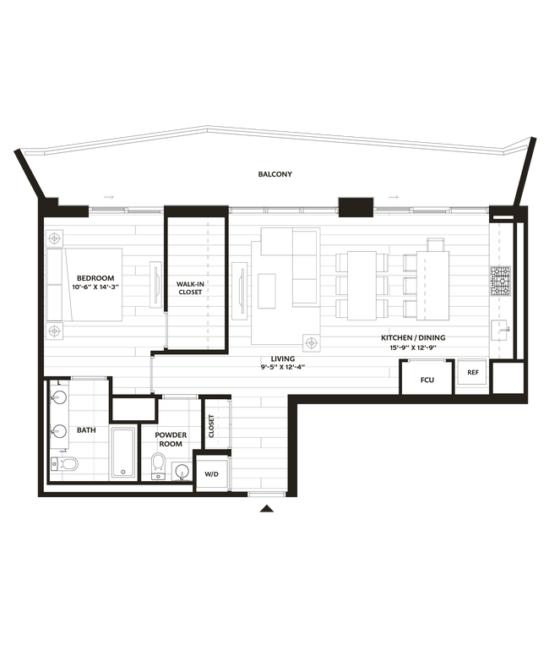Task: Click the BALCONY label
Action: point(275,174)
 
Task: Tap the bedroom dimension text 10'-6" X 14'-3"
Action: point(95,287)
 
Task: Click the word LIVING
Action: point(283,359)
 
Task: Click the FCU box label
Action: point(427,380)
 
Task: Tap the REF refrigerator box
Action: point(473,372)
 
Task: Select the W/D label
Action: point(211,475)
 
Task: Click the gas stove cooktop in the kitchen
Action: point(501,279)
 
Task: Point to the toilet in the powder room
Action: point(158,464)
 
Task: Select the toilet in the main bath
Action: point(68,463)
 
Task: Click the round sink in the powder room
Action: point(182,471)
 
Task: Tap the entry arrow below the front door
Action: point(268,508)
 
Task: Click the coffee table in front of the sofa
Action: point(267,291)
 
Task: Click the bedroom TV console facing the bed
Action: point(155,284)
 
